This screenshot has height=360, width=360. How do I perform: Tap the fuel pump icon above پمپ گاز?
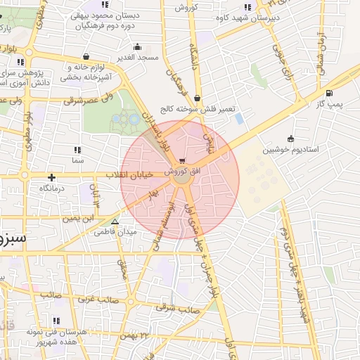[x=329, y=93]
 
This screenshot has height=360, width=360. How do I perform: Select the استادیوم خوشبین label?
[x=290, y=150]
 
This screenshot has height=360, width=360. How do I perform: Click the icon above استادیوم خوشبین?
[x=291, y=139]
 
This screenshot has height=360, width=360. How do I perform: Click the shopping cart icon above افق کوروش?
[x=183, y=160]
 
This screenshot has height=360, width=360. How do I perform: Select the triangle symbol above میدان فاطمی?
[x=115, y=221]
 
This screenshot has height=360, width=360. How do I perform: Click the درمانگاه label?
[x=52, y=188]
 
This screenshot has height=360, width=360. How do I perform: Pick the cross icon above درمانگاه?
[x=51, y=178]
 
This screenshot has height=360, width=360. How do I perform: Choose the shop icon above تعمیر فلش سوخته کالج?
[x=197, y=98]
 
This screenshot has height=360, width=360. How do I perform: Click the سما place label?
[x=77, y=160]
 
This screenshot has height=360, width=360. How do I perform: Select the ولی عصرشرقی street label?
[x=84, y=101]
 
